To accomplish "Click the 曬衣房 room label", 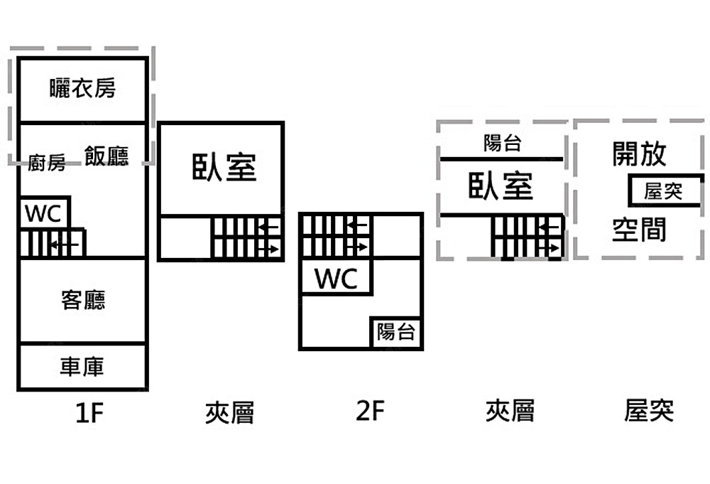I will coord(82,88).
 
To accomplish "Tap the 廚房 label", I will coord(47,164).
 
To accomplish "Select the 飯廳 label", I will coord(106,156).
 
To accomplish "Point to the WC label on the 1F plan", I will coord(44,213).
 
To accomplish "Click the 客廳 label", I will coord(83,300).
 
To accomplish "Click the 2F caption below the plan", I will coord(370,411).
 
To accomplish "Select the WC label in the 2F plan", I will coord(336,279).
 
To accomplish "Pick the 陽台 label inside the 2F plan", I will coord(395,332).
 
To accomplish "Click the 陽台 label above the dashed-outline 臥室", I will coord(502,144).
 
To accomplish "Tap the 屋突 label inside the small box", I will coord(662,191).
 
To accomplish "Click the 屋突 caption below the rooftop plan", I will coord(649,411).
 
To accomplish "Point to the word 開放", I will coord(639,154).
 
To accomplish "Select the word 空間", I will coord(639,230).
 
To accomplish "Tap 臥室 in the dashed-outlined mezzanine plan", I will coord(501,186).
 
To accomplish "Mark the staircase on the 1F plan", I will coord(53,243).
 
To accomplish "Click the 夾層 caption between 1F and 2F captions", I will coord(229,412).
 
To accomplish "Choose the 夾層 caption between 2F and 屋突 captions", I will coord(510,411).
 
